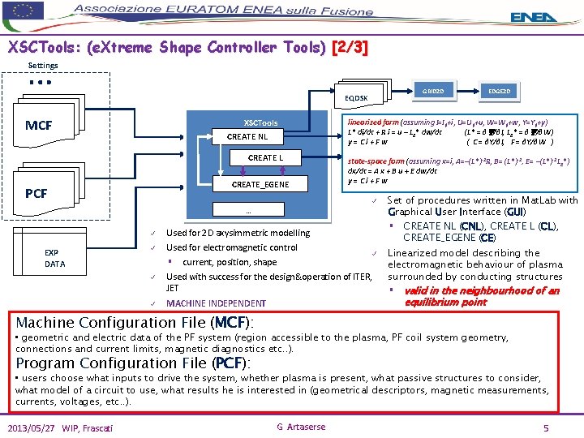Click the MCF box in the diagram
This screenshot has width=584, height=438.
coord(38,126)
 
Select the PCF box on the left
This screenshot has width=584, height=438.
coord(36,194)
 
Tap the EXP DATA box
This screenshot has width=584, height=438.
coord(54,258)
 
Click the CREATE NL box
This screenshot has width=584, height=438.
coord(247,137)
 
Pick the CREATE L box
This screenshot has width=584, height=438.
coord(265,158)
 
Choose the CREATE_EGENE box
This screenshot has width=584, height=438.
coord(260,185)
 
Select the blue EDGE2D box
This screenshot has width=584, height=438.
coord(497,92)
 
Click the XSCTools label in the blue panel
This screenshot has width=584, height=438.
coord(260,122)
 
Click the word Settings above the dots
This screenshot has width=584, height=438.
coord(43,66)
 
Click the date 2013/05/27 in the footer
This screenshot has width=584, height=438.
coord(35,427)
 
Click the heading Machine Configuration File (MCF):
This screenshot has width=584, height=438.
coord(140,322)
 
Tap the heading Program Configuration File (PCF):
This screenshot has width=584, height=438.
coord(133,363)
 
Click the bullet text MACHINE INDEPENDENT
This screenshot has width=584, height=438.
coord(215,303)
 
